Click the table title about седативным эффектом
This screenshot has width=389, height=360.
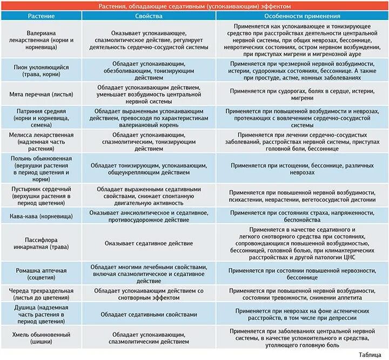click(x=194, y=6)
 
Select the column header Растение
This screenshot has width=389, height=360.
click(x=41, y=17)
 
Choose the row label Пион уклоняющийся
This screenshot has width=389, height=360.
click(x=41, y=71)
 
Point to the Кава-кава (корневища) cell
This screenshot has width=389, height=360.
click(x=41, y=216)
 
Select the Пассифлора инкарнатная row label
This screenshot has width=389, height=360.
click(x=41, y=243)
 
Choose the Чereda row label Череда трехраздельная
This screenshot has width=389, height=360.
click(x=41, y=294)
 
